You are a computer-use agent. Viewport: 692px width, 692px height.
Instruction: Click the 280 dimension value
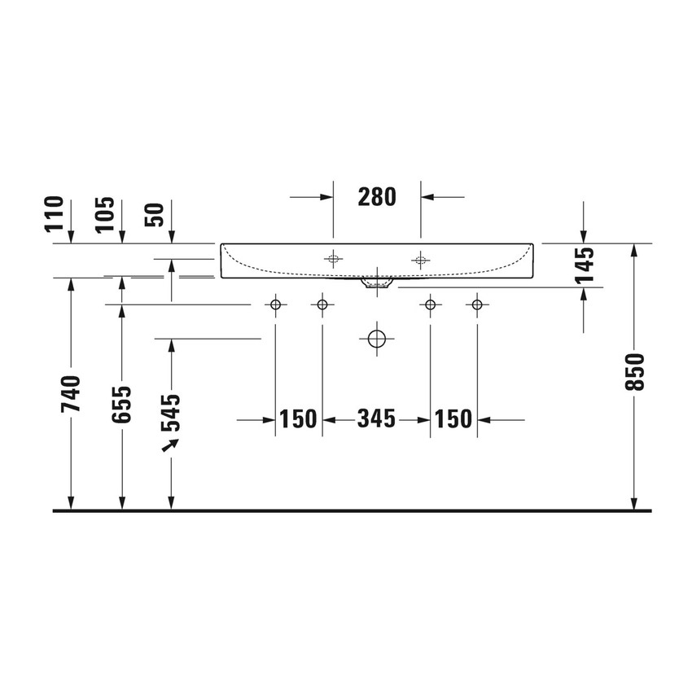pos(376,196)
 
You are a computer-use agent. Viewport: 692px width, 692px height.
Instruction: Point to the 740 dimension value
pos(72,393)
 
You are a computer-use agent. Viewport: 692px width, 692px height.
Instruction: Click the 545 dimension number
pos(171,413)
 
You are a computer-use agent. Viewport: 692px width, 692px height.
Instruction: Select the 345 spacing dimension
pos(376,419)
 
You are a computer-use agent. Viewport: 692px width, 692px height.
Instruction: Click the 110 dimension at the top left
pos(55,213)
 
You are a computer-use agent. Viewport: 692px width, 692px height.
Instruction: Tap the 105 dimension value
pos(105,214)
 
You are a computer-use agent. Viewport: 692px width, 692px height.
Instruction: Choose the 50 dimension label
pos(155,214)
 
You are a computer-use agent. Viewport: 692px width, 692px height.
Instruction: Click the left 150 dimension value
pos(298,419)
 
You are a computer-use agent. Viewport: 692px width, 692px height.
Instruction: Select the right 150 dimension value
pos(453,419)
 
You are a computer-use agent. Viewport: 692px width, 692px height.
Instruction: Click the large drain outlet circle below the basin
pos(376,338)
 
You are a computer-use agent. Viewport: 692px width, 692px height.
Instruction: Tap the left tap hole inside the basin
pos(332,261)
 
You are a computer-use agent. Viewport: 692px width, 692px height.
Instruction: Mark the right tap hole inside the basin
pos(420,261)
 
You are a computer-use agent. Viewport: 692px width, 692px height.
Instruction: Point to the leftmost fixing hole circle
pos(275,305)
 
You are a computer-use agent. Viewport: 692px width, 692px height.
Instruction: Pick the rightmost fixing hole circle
pos(477,305)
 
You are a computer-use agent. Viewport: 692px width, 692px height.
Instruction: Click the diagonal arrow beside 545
pos(170,445)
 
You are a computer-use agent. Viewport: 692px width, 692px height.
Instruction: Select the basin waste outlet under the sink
pos(376,283)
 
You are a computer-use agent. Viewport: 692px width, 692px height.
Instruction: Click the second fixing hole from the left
pos(322,305)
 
